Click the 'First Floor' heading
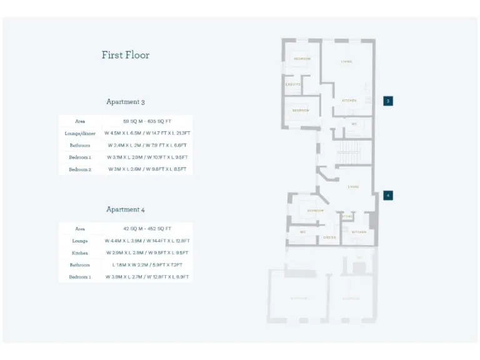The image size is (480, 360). [126, 55]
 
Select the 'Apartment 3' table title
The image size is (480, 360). [126, 102]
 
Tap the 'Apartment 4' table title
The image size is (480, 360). [126, 209]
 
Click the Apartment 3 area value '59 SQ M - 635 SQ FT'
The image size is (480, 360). [147, 121]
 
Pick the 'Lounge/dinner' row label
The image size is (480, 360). [80, 133]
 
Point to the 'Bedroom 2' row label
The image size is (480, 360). [80, 169]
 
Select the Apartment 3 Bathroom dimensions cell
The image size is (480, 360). [147, 145]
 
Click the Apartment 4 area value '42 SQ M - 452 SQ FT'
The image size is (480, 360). [147, 229]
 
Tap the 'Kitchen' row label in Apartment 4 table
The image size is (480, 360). [80, 253]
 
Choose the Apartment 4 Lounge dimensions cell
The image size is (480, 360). [147, 241]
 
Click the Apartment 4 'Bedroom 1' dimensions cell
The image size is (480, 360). [147, 277]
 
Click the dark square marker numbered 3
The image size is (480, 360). [388, 101]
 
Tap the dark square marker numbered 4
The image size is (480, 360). [388, 195]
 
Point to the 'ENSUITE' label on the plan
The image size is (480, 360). [293, 84]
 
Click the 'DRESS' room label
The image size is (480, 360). [330, 237]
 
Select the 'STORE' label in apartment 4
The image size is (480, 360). [347, 216]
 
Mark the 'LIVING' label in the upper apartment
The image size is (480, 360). [346, 62]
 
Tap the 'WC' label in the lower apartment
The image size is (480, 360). [302, 232]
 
